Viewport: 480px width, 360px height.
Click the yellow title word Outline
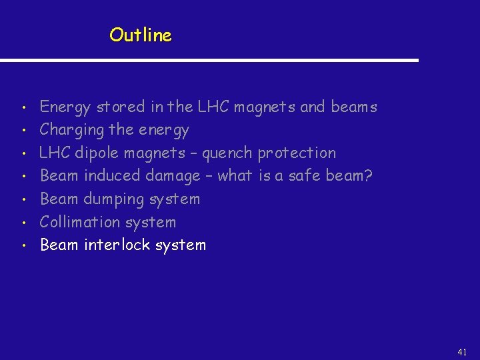[141, 35]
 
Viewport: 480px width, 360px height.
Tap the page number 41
[463, 352]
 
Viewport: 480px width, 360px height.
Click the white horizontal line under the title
[209, 61]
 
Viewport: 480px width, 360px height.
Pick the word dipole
[95, 153]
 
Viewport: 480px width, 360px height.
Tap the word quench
[227, 153]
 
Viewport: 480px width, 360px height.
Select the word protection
[297, 153]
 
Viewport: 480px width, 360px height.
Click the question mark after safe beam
[368, 176]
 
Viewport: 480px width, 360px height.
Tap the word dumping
[117, 199]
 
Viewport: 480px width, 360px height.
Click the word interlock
[117, 245]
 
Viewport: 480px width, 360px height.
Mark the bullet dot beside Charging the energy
[23, 131]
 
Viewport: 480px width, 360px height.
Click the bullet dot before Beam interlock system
[23, 246]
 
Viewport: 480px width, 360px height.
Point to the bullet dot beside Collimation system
[23, 223]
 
